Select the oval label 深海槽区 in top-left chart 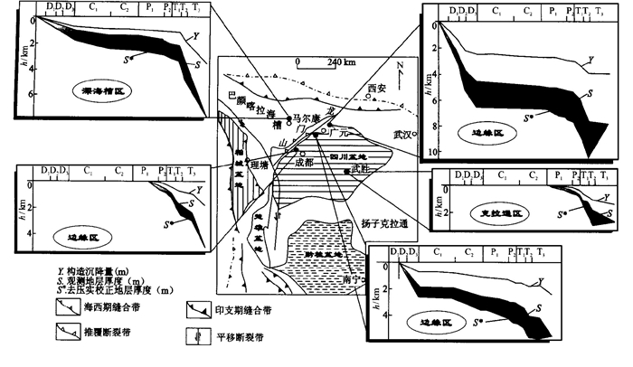[x=83, y=92]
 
